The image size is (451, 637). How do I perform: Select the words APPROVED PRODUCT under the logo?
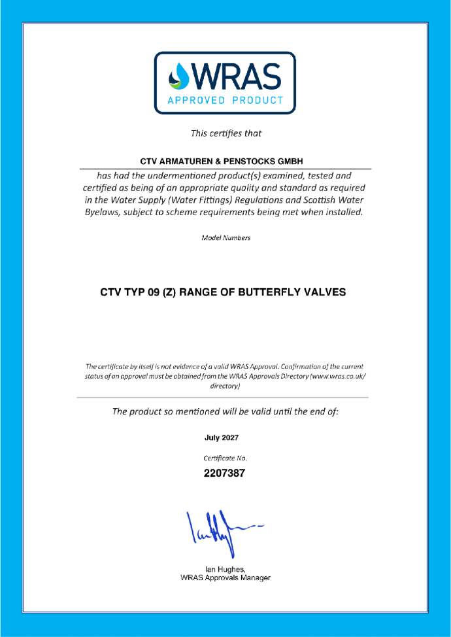coord(225,101)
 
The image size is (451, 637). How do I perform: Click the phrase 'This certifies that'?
coord(225,133)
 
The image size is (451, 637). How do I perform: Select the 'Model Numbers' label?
coord(225,238)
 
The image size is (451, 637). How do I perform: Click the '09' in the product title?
coord(154,292)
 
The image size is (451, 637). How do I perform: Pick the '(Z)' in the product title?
coord(174,292)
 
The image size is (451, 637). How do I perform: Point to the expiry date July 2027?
coord(225,438)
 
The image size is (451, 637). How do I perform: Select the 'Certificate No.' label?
coord(225,458)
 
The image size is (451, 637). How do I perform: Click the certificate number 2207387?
coord(225,473)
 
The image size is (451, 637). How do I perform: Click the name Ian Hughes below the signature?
coord(225,570)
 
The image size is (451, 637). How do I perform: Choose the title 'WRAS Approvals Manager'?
coord(225,578)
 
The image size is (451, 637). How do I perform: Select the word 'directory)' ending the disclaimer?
coord(225,387)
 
